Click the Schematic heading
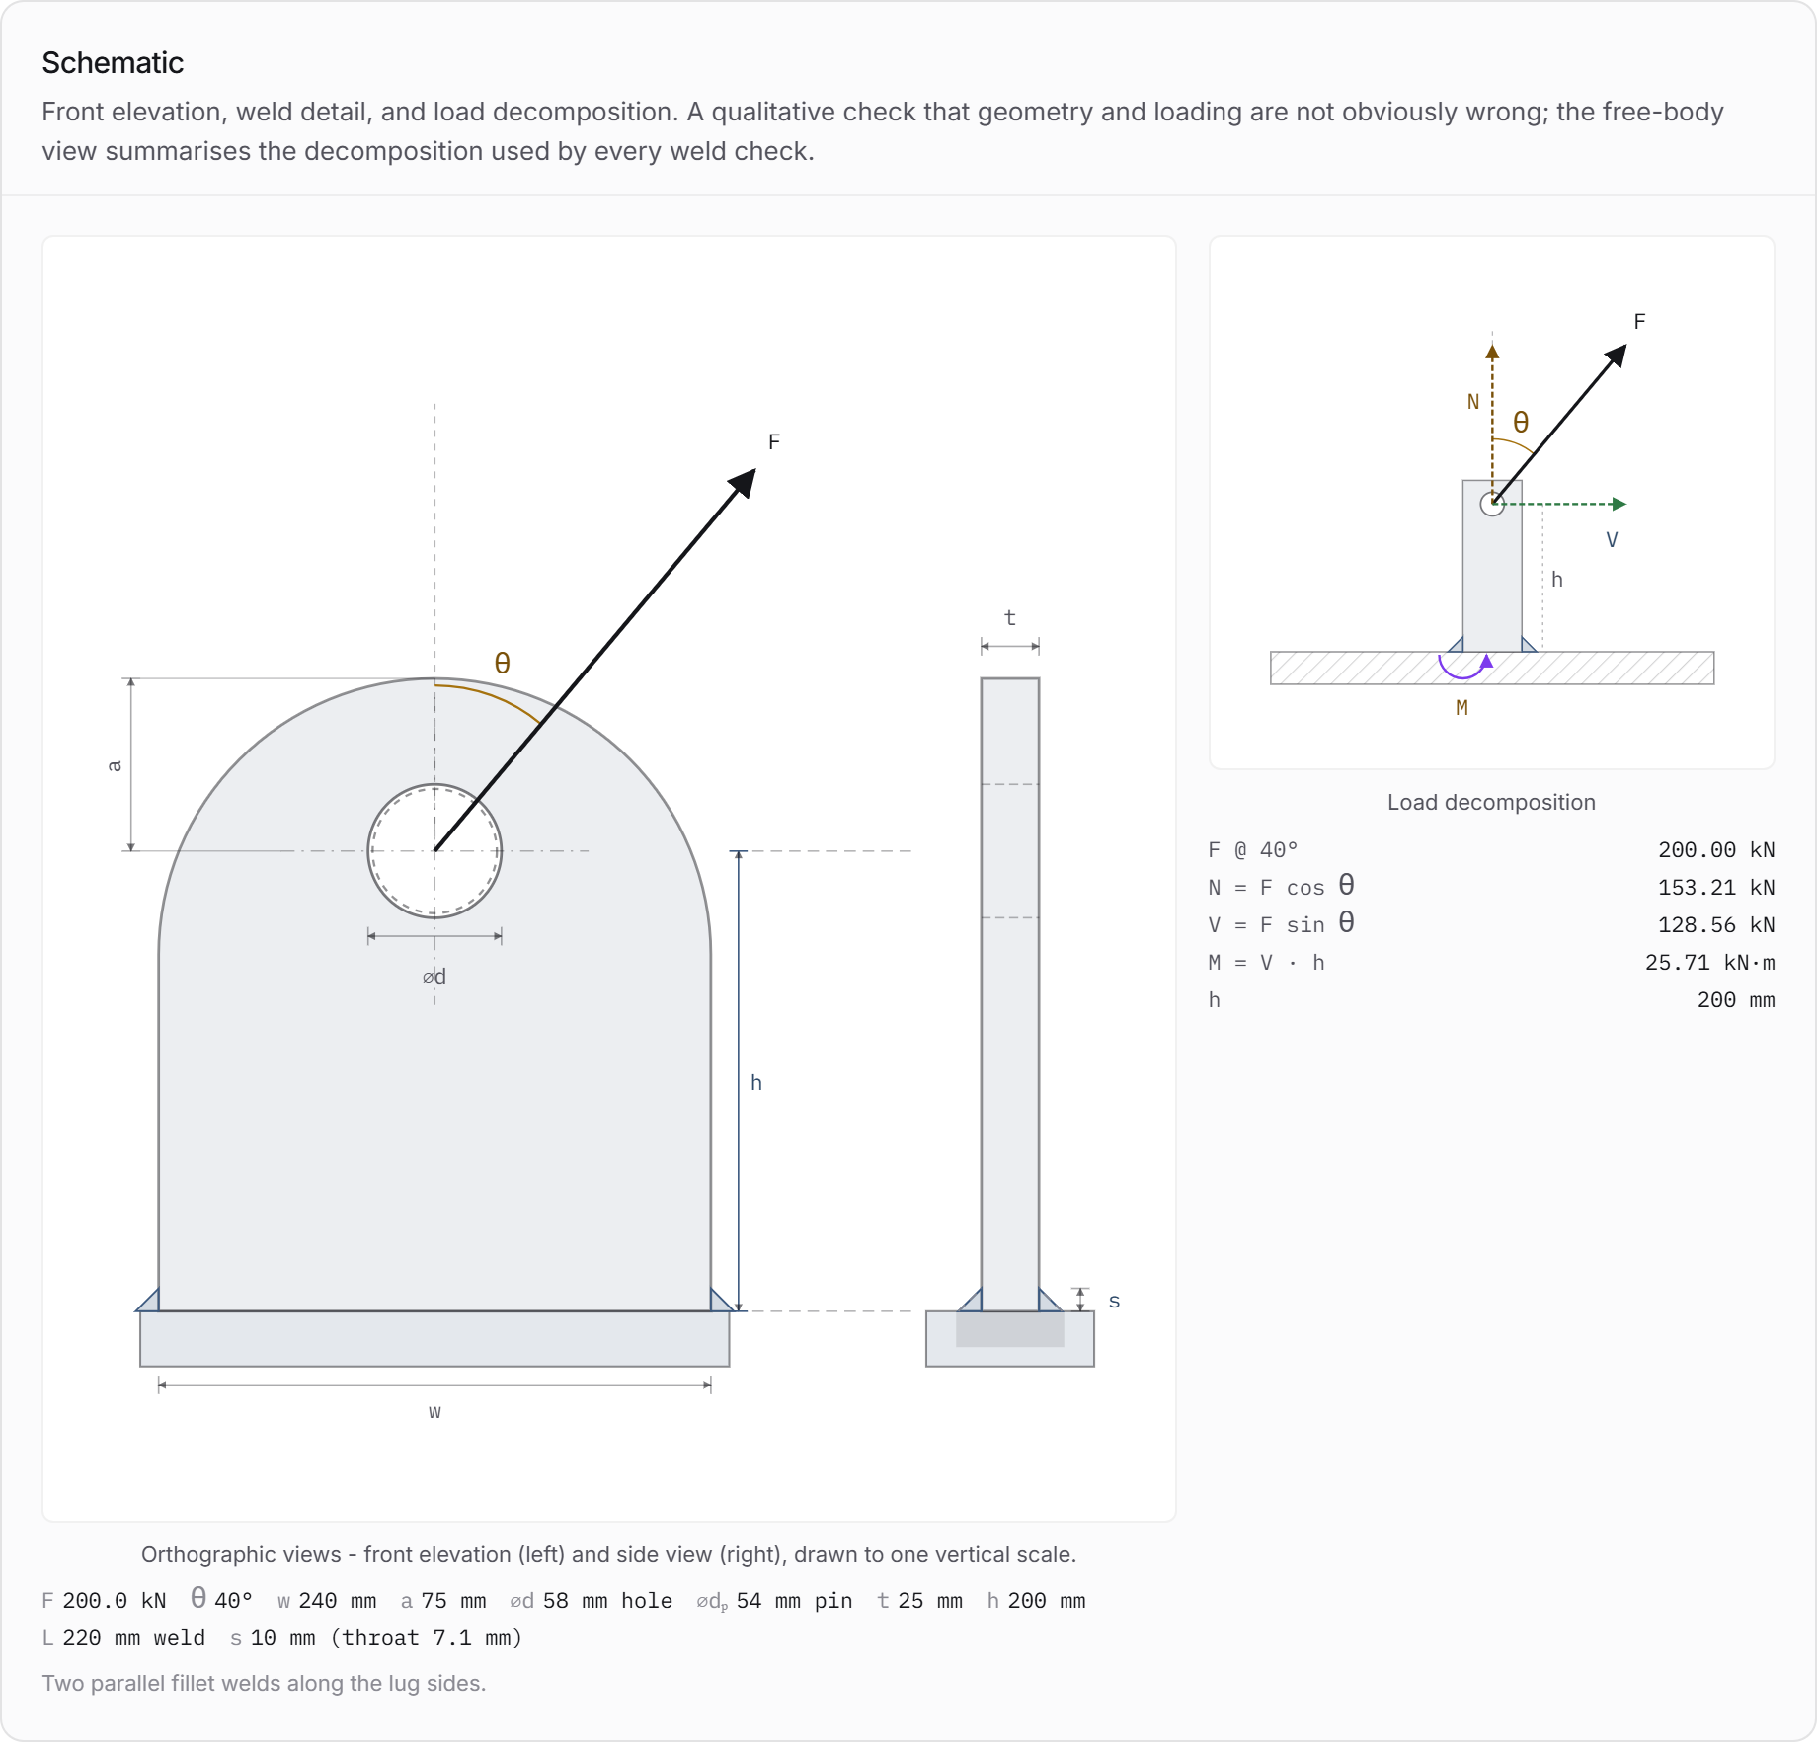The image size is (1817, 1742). pyautogui.click(x=113, y=63)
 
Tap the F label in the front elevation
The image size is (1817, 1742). pyautogui.click(x=774, y=441)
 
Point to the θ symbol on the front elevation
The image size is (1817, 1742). pyautogui.click(x=502, y=663)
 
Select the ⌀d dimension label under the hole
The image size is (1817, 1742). pyautogui.click(x=434, y=977)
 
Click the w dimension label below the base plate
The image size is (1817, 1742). pyautogui.click(x=434, y=1411)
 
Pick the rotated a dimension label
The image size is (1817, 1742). pyautogui.click(x=115, y=765)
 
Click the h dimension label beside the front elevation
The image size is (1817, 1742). pyautogui.click(x=756, y=1082)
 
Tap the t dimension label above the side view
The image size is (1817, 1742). pyautogui.click(x=1009, y=618)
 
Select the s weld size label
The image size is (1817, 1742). pyautogui.click(x=1114, y=1302)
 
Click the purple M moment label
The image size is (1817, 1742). pyautogui.click(x=1461, y=707)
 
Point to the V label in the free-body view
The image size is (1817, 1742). pyautogui.click(x=1612, y=539)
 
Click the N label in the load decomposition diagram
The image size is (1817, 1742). pyautogui.click(x=1473, y=402)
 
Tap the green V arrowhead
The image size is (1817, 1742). pyautogui.click(x=1619, y=504)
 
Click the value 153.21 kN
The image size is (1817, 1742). pyautogui.click(x=1716, y=887)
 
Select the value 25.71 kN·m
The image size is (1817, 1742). pyautogui.click(x=1709, y=962)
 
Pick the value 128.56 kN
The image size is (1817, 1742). pyautogui.click(x=1716, y=924)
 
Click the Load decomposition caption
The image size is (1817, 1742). pyautogui.click(x=1491, y=802)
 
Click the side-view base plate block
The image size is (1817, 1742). pyautogui.click(x=1009, y=1339)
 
